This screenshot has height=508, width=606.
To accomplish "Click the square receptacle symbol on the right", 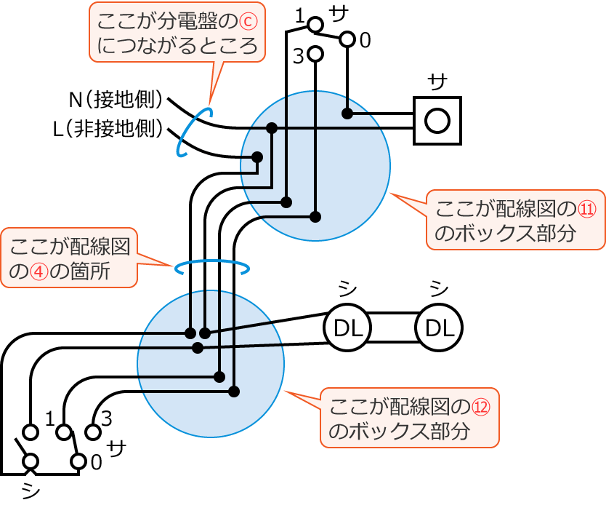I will pyautogui.click(x=437, y=120).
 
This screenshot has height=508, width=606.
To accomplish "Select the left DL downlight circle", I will pyautogui.click(x=347, y=329).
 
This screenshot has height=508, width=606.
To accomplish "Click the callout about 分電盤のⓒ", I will pyautogui.click(x=177, y=33).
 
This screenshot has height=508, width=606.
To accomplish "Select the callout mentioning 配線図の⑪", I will pyautogui.click(x=515, y=221).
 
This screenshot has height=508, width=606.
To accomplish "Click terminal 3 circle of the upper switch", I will pyautogui.click(x=315, y=54).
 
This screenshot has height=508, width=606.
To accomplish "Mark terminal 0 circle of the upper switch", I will pyautogui.click(x=347, y=39).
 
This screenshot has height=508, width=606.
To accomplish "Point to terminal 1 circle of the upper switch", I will pyautogui.click(x=315, y=25).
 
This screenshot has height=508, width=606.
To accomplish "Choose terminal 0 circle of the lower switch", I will pyautogui.click(x=78, y=461).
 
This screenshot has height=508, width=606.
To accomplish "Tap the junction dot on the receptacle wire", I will pyautogui.click(x=347, y=114).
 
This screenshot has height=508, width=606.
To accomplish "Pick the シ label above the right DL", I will pyautogui.click(x=438, y=290).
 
